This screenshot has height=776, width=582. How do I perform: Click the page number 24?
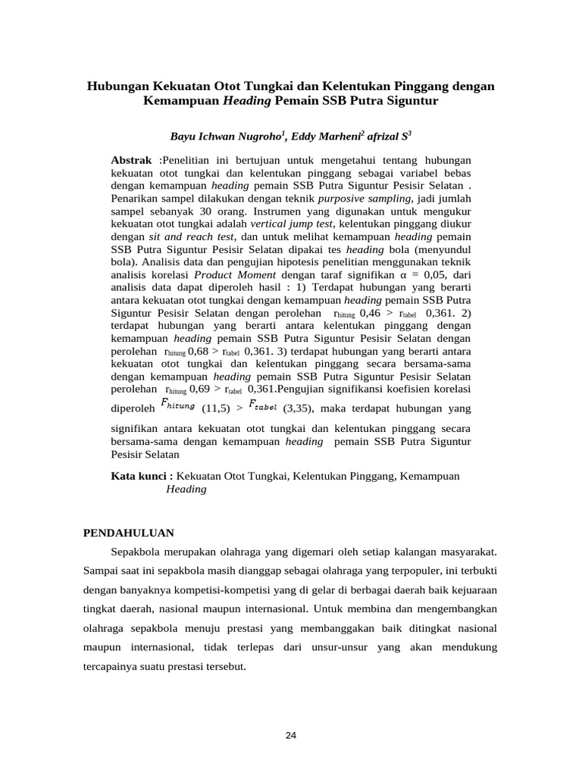pyautogui.click(x=290, y=736)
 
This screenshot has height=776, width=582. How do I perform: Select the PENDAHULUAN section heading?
pyautogui.click(x=128, y=533)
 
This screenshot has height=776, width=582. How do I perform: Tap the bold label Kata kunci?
pyautogui.click(x=142, y=476)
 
